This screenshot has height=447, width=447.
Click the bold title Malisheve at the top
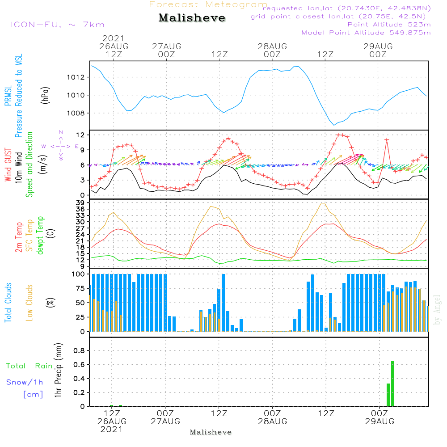192,18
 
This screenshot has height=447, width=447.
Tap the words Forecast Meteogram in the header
208,4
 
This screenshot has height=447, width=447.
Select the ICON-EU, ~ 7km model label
57,25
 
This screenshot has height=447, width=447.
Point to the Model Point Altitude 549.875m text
366,33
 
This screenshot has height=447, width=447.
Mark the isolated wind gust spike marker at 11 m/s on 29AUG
387,140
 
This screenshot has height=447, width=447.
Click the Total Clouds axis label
8,303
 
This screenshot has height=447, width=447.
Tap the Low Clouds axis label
30,303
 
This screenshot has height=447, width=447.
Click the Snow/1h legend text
25,382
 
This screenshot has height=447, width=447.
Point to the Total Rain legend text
29,366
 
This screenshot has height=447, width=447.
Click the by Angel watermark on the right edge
437,315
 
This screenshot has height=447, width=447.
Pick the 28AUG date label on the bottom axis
272,421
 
